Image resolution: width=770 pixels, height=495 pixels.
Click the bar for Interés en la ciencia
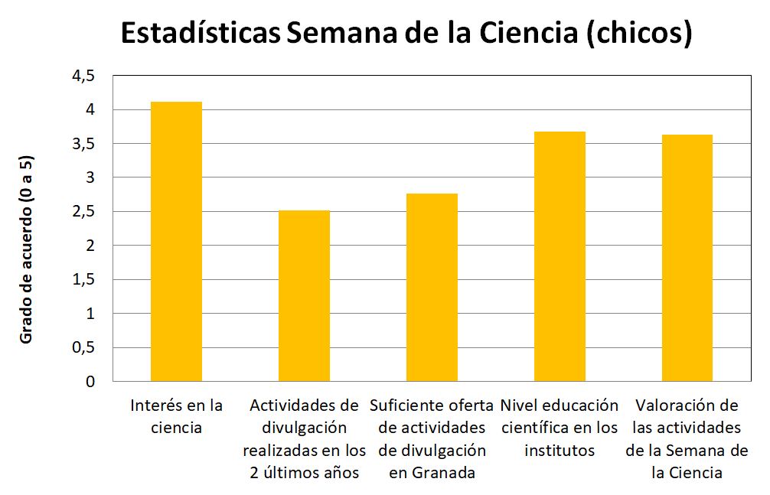tap(176, 241)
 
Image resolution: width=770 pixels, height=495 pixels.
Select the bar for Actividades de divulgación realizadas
tap(304, 295)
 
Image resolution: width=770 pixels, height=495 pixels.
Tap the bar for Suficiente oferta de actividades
tap(432, 287)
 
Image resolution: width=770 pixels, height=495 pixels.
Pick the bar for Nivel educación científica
tap(560, 256)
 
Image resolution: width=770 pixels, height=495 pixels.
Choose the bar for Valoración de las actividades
tap(687, 258)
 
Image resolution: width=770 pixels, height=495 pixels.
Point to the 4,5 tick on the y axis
tap(85, 76)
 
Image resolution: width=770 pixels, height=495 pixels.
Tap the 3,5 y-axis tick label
tap(85, 144)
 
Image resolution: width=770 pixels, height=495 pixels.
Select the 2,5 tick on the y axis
tap(85, 212)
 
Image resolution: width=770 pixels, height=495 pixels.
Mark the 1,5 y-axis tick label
tap(85, 280)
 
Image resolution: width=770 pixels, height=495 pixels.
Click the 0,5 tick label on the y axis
tap(85, 347)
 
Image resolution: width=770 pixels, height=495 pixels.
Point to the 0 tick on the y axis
tap(91, 381)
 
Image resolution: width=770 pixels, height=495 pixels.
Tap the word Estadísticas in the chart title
tap(200, 34)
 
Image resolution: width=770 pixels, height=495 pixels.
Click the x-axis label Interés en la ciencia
tap(177, 415)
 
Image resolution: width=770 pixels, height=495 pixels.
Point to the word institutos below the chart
tap(560, 450)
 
